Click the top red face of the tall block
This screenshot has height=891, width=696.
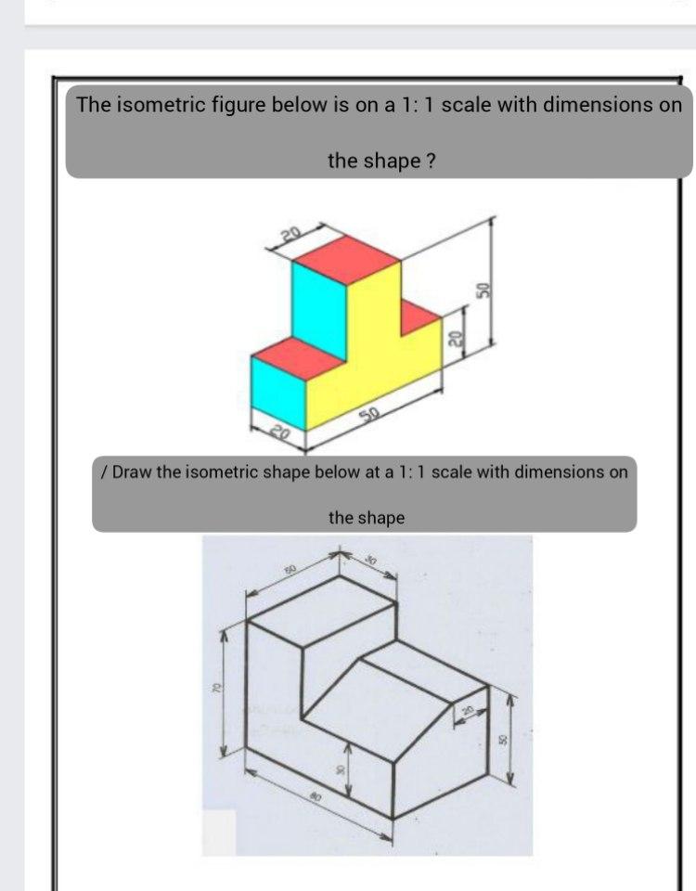coord(345,259)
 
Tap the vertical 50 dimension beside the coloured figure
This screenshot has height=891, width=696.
coord(482,288)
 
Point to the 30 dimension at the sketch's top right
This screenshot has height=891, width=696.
coord(370,562)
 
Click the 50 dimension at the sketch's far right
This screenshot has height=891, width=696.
coord(505,738)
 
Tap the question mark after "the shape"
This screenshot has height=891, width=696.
coord(430,161)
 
